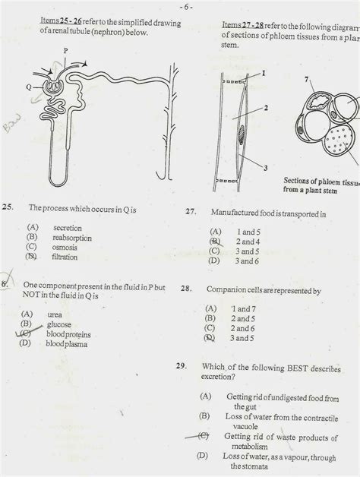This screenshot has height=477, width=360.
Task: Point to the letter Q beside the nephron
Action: pos(27,87)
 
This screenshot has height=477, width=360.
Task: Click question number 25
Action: pos(8,207)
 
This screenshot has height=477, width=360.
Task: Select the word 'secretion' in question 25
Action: pos(66,227)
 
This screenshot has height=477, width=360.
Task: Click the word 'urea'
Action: pos(55,314)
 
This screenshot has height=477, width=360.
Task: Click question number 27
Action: pos(191,213)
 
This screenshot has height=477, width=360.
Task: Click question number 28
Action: pos(188,289)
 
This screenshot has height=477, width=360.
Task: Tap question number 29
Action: pos(182,366)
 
